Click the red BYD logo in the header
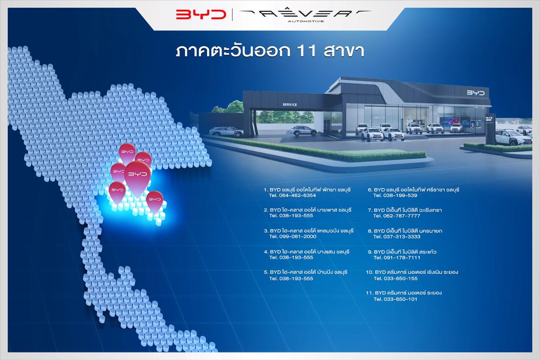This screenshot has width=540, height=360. [201, 15]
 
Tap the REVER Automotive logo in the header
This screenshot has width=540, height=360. [305, 15]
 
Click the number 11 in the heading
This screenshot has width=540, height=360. [306, 51]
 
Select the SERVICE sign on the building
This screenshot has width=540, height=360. [289, 104]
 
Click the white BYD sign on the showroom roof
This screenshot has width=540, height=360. [476, 93]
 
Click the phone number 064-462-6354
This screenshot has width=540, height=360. [297, 195]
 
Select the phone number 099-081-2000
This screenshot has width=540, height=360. [297, 236]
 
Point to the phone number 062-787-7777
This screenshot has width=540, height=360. [401, 216]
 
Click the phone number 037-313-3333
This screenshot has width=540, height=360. [401, 236]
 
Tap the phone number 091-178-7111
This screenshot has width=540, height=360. [402, 257]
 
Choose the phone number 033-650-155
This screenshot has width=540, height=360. [400, 279]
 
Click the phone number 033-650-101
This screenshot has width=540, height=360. [400, 299]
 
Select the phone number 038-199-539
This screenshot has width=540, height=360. [400, 195]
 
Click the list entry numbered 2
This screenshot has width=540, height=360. [307, 213]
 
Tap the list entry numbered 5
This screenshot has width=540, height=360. [306, 275]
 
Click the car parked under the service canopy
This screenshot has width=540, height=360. [304, 130]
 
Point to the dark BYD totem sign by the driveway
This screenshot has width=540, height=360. [490, 129]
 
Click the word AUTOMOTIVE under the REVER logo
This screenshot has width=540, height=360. [306, 21]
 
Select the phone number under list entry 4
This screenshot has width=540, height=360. [296, 257]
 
